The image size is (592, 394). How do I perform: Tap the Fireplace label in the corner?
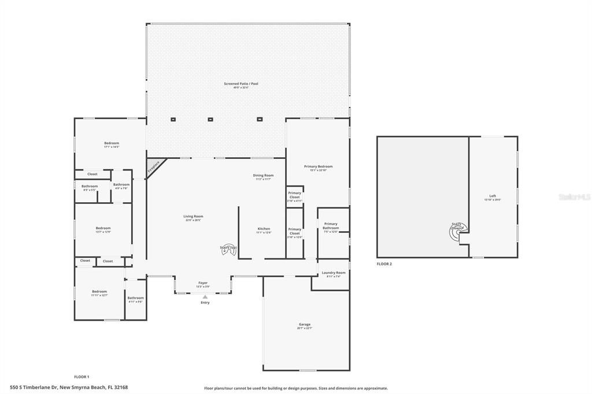154,167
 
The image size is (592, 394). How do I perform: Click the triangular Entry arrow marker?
205,297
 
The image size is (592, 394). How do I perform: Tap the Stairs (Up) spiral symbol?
228,250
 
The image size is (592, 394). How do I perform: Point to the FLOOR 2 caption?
384,263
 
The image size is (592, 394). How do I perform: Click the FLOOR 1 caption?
82,377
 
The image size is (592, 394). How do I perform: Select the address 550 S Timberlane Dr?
69,387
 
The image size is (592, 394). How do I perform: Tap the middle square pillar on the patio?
210,120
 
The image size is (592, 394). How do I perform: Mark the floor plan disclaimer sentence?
296,388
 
